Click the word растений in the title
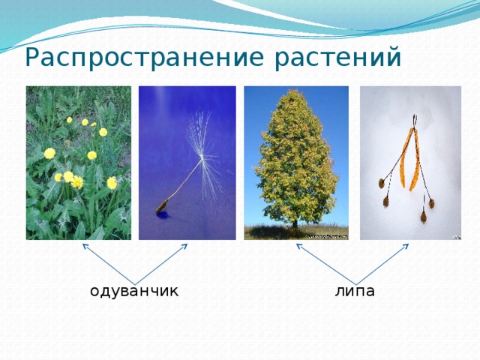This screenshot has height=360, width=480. point(337,58)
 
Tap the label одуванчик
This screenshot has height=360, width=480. point(133,292)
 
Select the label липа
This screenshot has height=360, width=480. point(355,292)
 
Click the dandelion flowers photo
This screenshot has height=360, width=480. point(79,163)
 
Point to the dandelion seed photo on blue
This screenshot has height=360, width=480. point(187,163)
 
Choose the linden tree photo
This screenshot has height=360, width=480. point(296,163)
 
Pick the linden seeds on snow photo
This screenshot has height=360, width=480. point(410,163)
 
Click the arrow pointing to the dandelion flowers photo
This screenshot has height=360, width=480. point(109,263)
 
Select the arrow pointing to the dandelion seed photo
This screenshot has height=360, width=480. point(161,263)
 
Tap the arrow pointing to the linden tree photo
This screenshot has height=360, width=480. point(327,263)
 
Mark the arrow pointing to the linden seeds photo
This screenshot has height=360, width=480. point(383,263)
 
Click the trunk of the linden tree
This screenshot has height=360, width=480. point(295,223)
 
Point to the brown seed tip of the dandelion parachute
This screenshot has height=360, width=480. point(162,206)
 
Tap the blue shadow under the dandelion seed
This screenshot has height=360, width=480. point(163,214)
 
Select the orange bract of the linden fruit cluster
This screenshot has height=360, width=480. point(409,159)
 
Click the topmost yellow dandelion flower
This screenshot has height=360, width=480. point(70,120)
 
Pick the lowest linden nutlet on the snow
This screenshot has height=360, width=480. point(424,217)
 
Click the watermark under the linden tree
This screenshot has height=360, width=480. point(327,237)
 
